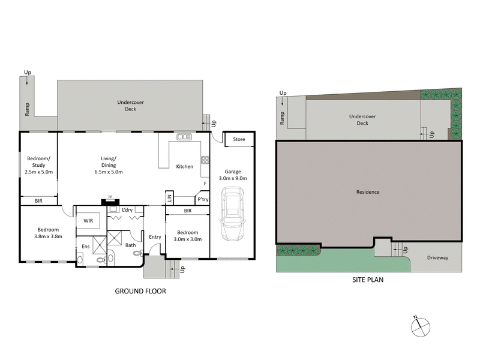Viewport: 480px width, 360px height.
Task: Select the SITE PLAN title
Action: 367,279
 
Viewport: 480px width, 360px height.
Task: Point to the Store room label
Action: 239,139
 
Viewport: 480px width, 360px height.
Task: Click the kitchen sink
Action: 183,138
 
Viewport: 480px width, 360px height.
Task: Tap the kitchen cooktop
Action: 204,160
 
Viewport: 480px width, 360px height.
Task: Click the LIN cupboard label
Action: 170,197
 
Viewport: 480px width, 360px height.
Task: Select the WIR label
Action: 88,221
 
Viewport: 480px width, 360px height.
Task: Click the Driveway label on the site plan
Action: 437,257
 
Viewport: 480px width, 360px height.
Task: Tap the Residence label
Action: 367,192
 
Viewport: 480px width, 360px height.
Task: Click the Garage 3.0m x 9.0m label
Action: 232,175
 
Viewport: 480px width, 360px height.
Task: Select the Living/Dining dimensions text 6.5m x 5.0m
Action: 109,172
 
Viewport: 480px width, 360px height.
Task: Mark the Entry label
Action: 155,236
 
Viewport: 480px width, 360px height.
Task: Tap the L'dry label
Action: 127,210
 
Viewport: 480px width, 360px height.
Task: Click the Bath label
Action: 130,245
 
